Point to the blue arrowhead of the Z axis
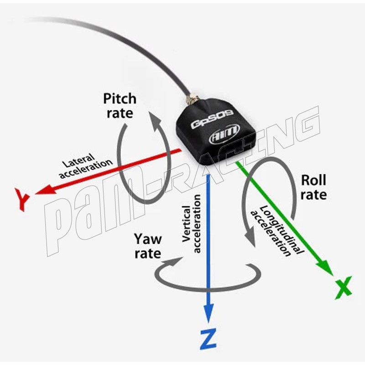pyautogui.click(x=209, y=315)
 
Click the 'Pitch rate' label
pyautogui.click(x=120, y=105)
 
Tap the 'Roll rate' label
pyautogui.click(x=313, y=188)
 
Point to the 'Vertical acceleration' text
pyautogui.click(x=192, y=224)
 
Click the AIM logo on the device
pyautogui.click(x=223, y=137)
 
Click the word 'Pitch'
pyautogui.click(x=120, y=99)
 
